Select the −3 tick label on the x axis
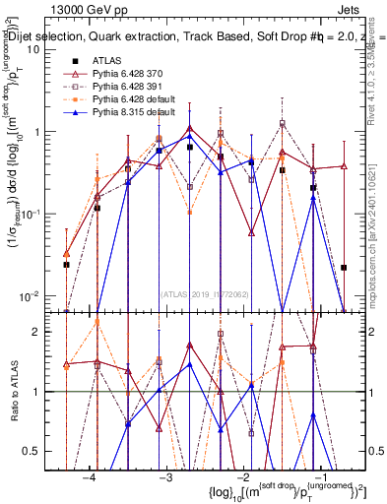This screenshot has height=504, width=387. [165, 476]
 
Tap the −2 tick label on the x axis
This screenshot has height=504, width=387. [242, 476]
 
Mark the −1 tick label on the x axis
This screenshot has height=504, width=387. [319, 476]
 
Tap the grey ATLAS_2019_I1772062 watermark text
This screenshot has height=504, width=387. [206, 292]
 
